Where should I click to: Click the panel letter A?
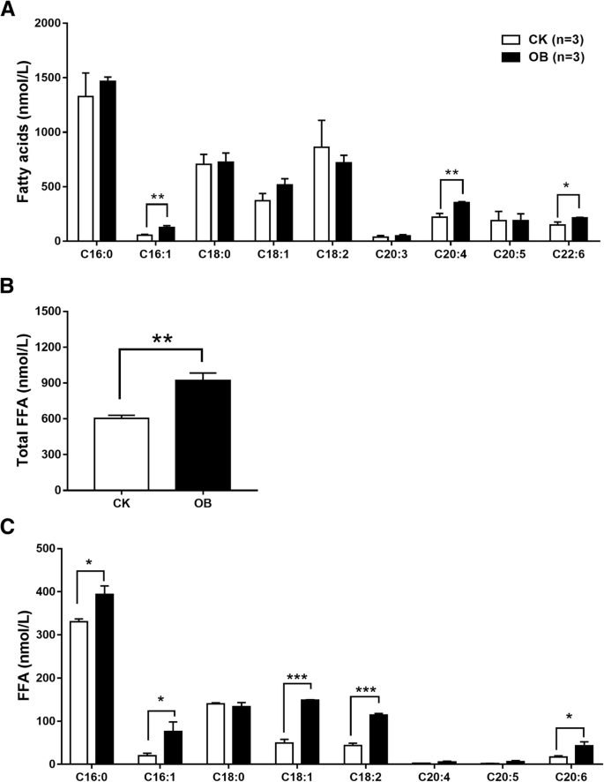pos(8,10)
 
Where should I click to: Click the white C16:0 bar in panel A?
pos(86,168)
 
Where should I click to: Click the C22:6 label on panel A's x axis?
pos(557,252)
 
